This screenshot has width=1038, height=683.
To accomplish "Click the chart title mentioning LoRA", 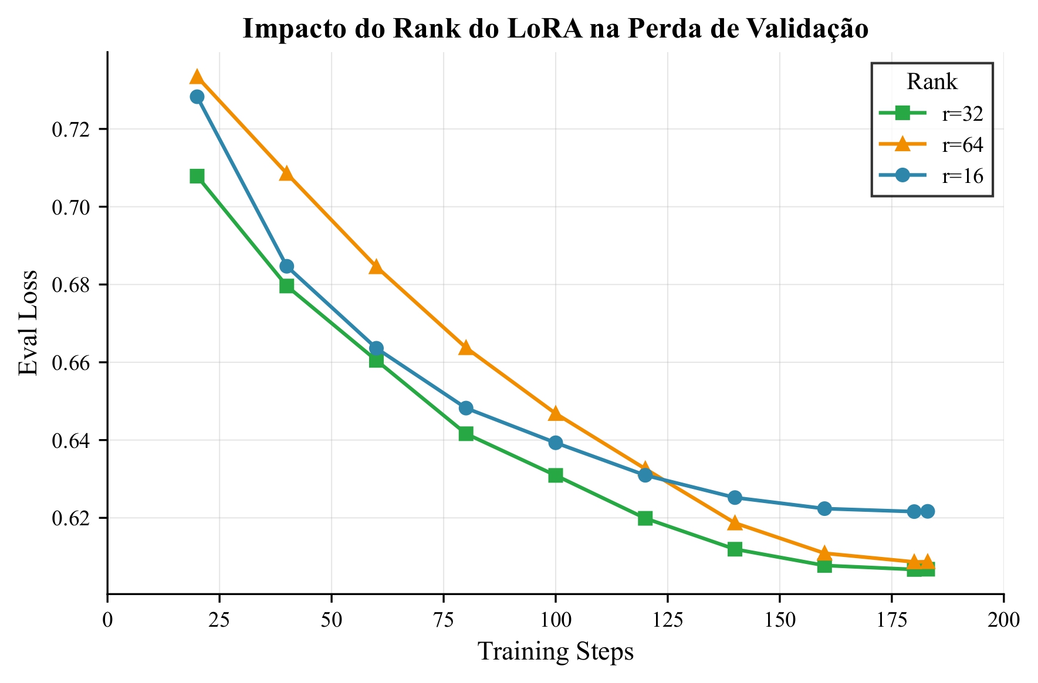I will (555, 29).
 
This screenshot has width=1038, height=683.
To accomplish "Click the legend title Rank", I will (932, 82).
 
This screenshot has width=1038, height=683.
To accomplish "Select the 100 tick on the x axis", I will (555, 620).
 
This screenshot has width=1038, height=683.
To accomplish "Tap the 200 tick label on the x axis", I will (1003, 620).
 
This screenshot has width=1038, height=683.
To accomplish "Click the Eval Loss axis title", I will (28, 322).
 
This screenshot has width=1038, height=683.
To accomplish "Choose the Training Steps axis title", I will (555, 652).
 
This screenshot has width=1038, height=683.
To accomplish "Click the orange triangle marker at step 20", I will (197, 77).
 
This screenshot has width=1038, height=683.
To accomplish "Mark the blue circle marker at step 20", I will (197, 97).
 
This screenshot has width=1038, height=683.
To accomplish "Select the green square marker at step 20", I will (197, 176).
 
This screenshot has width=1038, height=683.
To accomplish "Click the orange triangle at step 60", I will (376, 267).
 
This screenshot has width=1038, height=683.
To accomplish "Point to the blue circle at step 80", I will (466, 408).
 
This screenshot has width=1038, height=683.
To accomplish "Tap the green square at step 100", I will (556, 475).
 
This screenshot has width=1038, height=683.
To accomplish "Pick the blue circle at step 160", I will (824, 508).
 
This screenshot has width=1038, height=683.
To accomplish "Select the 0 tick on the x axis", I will (107, 620).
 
